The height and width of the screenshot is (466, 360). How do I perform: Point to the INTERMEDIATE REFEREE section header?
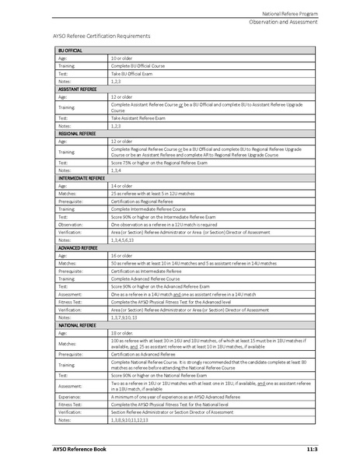click(x=81, y=178)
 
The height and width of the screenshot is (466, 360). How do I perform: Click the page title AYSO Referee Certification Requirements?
click(x=101, y=36)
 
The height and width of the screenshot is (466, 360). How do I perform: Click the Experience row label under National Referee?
click(x=71, y=396)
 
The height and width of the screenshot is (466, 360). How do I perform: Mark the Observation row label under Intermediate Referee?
click(x=72, y=225)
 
